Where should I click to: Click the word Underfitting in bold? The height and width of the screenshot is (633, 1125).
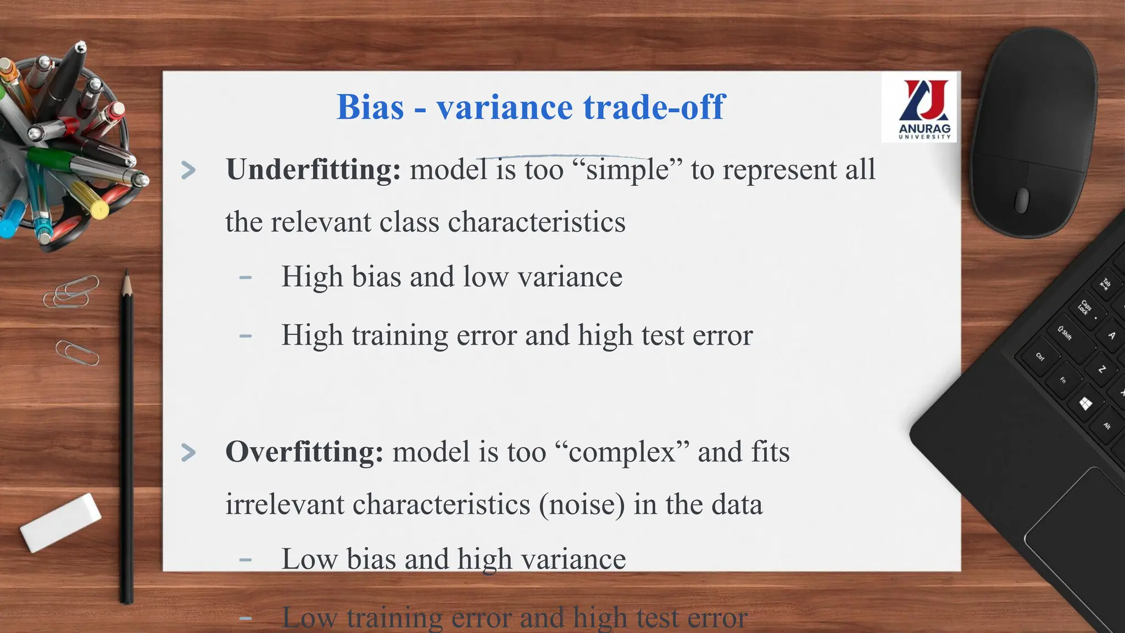(313, 169)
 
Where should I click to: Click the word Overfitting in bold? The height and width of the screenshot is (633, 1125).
(304, 452)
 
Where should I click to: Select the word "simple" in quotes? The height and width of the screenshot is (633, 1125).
(627, 169)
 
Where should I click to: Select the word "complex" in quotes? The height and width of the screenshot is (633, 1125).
(622, 452)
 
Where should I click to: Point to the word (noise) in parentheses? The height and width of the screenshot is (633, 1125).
(581, 504)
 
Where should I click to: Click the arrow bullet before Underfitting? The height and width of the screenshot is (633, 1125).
(188, 170)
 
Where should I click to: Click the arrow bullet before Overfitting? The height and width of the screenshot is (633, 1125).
(188, 453)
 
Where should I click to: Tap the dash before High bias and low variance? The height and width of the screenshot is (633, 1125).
(246, 277)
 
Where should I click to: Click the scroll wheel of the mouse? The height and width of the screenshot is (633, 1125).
(1022, 200)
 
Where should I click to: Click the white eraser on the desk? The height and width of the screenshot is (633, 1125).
(60, 522)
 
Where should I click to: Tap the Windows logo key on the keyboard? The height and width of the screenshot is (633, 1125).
(1085, 404)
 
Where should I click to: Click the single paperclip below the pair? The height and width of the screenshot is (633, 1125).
(77, 353)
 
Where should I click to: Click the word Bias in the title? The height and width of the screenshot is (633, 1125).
(370, 107)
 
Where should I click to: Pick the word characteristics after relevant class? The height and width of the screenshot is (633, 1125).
(537, 222)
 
